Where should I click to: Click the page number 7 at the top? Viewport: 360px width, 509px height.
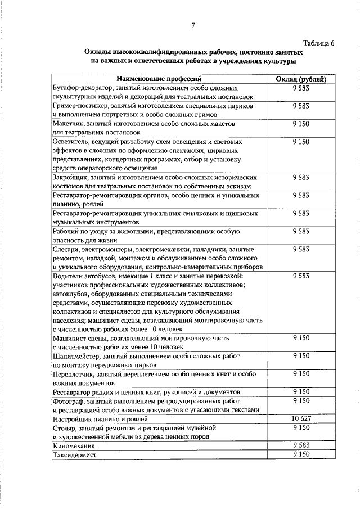193,26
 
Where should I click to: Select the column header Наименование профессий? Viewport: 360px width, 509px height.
159,79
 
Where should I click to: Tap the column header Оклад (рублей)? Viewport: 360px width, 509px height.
301,79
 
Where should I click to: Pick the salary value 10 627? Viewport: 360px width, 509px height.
301,418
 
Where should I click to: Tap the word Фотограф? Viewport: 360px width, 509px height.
68,401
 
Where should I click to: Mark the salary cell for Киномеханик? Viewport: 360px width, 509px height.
301,445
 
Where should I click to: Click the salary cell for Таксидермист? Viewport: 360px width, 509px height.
301,454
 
